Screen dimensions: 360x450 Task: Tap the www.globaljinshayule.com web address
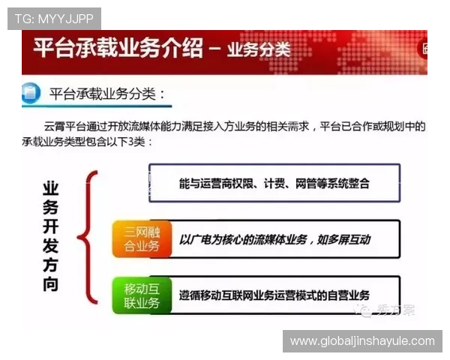(362, 340)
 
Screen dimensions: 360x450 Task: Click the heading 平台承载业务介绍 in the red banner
(118, 50)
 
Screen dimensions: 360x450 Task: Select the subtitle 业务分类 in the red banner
(259, 51)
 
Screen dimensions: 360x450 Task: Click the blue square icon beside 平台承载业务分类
(31, 94)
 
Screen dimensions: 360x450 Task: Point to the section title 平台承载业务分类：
(106, 94)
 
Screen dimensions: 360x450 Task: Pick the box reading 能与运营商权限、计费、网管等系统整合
(274, 183)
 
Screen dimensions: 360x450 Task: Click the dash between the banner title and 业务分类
(214, 52)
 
